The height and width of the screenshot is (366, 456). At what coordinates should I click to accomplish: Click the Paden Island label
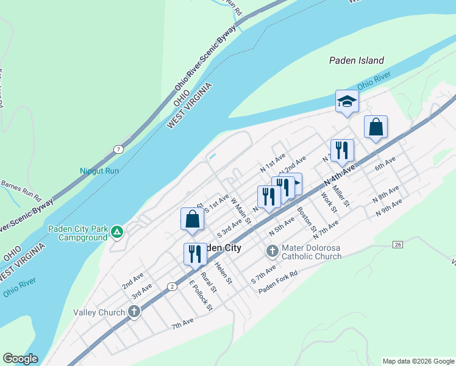357,60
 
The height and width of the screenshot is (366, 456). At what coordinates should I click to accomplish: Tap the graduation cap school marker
347,101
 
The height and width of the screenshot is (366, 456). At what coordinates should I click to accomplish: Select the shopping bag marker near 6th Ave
376,127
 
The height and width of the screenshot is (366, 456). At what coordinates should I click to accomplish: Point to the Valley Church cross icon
134,312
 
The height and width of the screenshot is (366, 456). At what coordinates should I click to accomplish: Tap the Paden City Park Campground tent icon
117,232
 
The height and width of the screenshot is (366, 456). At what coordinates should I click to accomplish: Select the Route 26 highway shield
397,245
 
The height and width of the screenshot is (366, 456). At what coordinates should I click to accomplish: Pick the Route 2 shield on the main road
173,286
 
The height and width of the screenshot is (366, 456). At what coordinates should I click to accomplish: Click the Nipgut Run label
99,171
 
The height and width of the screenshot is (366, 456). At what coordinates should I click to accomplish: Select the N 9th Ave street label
390,206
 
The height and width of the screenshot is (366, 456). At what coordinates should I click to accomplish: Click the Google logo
20,359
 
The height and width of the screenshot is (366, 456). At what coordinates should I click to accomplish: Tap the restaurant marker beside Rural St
195,253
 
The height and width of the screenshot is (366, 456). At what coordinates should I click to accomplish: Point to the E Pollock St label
201,295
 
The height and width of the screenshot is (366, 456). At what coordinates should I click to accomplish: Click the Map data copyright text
418,361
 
